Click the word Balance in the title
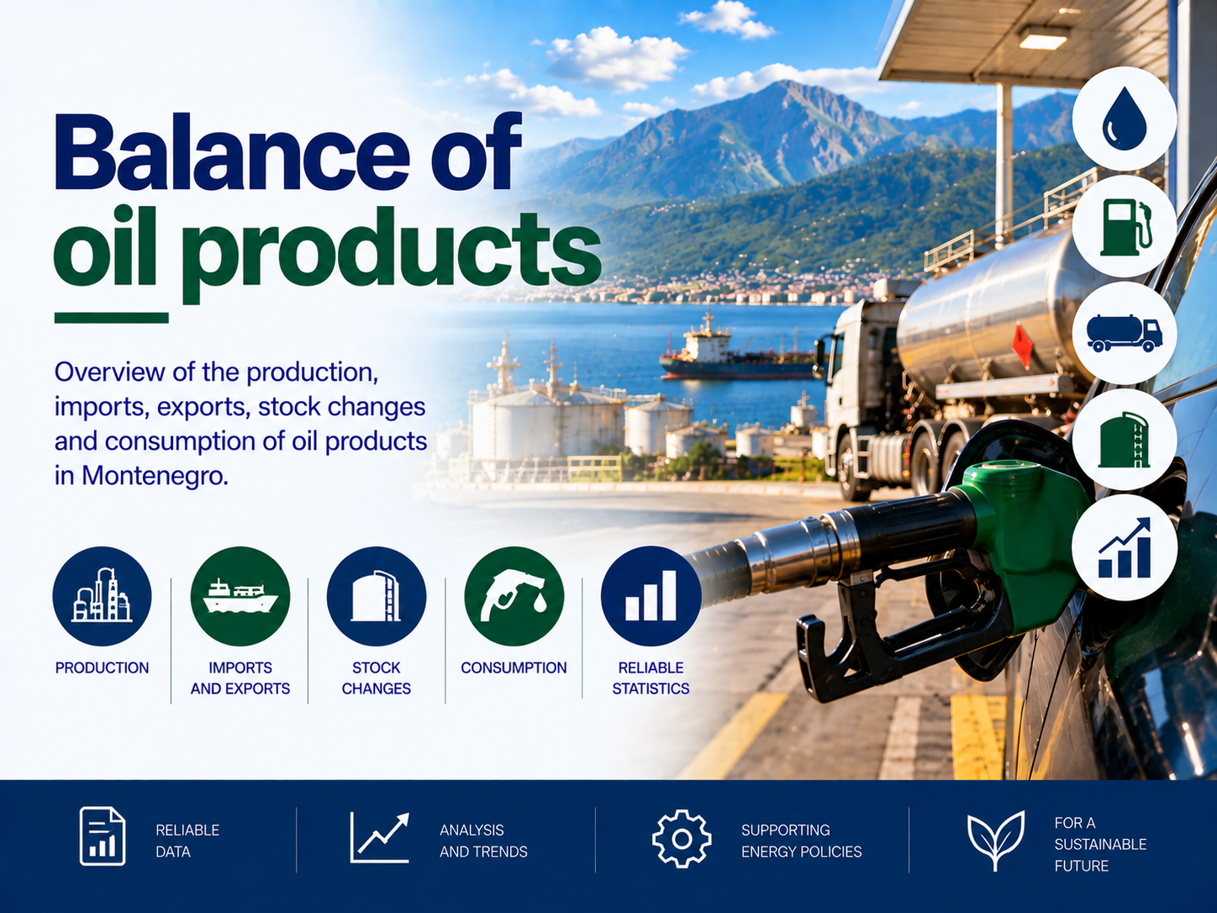pyautogui.click(x=232, y=152)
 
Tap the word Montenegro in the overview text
pyautogui.click(x=155, y=476)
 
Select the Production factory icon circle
pyautogui.click(x=102, y=596)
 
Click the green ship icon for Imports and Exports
pyautogui.click(x=240, y=596)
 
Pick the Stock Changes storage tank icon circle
pyautogui.click(x=377, y=596)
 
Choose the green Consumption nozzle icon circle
pyautogui.click(x=514, y=596)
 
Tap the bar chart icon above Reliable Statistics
pyautogui.click(x=651, y=596)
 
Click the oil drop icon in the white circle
pyautogui.click(x=1125, y=119)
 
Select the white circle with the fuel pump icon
pyautogui.click(x=1125, y=226)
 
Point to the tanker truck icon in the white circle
pyautogui.click(x=1125, y=333)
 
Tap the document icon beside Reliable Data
pyautogui.click(x=102, y=836)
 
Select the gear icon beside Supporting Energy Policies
pyautogui.click(x=682, y=839)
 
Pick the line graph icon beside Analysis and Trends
pyautogui.click(x=380, y=837)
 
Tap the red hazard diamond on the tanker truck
pyautogui.click(x=1023, y=346)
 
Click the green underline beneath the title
pyautogui.click(x=112, y=318)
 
